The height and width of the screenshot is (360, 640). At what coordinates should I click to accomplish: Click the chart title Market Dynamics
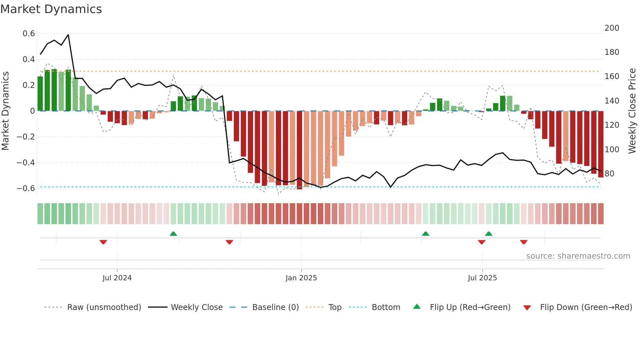tap(51, 9)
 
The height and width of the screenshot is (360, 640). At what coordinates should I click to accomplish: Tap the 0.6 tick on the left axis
tap(29, 34)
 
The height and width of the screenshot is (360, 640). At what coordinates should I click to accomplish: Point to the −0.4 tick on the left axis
tap(26, 163)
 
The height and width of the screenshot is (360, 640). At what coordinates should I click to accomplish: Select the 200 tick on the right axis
tap(612, 28)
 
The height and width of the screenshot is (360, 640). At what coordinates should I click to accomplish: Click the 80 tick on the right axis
tap(609, 174)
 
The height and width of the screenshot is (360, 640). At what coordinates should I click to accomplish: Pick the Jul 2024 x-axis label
tap(117, 278)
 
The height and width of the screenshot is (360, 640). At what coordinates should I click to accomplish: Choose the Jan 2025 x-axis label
tap(301, 278)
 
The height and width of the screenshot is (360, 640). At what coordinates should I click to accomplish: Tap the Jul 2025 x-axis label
tap(482, 278)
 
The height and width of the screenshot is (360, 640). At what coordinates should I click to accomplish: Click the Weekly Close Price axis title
tap(632, 111)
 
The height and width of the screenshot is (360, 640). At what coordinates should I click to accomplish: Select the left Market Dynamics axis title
tap(5, 111)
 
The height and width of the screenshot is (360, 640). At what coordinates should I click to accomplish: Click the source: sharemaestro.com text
tap(578, 256)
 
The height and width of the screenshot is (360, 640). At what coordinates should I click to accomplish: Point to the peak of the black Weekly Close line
tap(68, 35)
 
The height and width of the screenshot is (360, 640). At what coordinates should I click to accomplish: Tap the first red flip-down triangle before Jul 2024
tap(103, 242)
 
